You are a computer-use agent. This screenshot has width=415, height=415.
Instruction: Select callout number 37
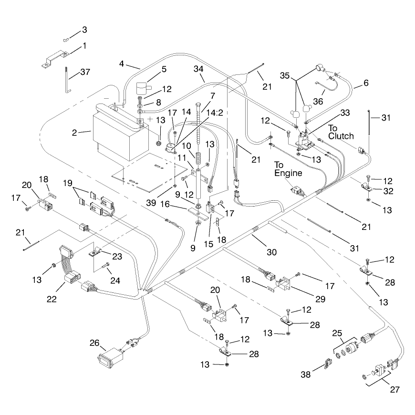coord(85,72)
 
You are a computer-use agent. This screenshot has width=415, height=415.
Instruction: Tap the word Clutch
coord(341,136)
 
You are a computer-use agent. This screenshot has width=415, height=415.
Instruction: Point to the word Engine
coord(288,173)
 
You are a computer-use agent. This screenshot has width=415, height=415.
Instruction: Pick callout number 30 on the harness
coord(271,252)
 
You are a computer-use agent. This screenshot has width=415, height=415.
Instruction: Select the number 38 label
coord(305,374)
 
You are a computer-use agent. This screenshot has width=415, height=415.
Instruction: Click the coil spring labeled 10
coord(197,158)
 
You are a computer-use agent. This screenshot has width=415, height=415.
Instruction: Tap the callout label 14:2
coord(215,113)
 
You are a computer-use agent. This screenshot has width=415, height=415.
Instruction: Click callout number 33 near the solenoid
coord(345,113)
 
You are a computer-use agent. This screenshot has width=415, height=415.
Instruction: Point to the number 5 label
coord(164,69)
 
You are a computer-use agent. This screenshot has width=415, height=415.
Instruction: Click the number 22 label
coord(52,299)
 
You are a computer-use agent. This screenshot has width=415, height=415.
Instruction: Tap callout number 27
coord(394,390)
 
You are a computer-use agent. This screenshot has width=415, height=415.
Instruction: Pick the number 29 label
coord(320,299)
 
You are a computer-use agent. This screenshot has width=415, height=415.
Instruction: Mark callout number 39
coord(151,203)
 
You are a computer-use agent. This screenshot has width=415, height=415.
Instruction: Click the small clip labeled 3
coord(66,40)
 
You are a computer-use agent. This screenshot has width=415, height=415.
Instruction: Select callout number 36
coord(318,102)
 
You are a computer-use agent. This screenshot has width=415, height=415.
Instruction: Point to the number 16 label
coord(165,204)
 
